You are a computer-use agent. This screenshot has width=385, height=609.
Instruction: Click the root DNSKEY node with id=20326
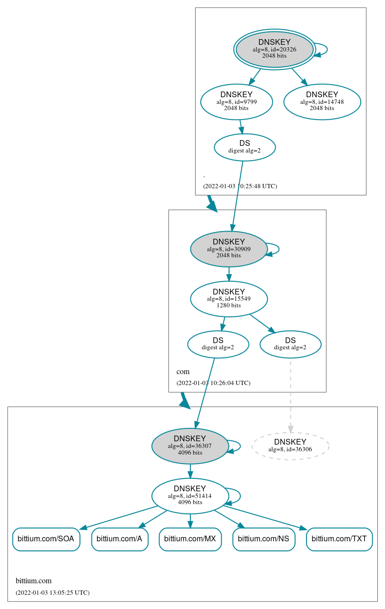click(274, 49)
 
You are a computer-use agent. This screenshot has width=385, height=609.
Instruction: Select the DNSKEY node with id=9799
click(236, 101)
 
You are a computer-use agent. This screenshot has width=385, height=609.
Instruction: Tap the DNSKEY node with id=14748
click(322, 101)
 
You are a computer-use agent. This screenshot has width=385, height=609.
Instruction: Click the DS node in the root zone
click(245, 147)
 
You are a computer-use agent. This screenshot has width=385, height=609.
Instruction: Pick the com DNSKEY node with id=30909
click(228, 249)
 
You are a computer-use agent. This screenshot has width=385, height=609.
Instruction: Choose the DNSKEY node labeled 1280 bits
click(228, 299)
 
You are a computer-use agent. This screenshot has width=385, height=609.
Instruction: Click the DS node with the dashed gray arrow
click(290, 344)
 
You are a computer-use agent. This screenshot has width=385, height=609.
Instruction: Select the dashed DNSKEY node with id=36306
click(290, 446)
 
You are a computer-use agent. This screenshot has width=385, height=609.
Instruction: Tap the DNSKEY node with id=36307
click(190, 446)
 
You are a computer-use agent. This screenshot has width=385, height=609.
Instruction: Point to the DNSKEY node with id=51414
click(190, 496)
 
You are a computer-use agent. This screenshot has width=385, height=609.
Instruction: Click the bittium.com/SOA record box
click(46, 539)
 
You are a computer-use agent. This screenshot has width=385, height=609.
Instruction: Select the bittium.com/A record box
click(119, 539)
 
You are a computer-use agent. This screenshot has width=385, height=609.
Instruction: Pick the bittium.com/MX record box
click(190, 539)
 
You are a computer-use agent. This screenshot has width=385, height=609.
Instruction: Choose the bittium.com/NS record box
click(264, 539)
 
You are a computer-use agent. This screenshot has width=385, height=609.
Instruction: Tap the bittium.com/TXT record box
click(339, 539)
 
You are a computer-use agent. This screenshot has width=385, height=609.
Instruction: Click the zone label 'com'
click(183, 372)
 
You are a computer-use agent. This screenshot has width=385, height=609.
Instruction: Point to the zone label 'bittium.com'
click(33, 581)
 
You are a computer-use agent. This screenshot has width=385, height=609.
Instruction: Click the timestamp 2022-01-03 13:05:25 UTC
click(52, 593)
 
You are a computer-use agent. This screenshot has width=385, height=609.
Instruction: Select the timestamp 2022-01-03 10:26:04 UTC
click(213, 383)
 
